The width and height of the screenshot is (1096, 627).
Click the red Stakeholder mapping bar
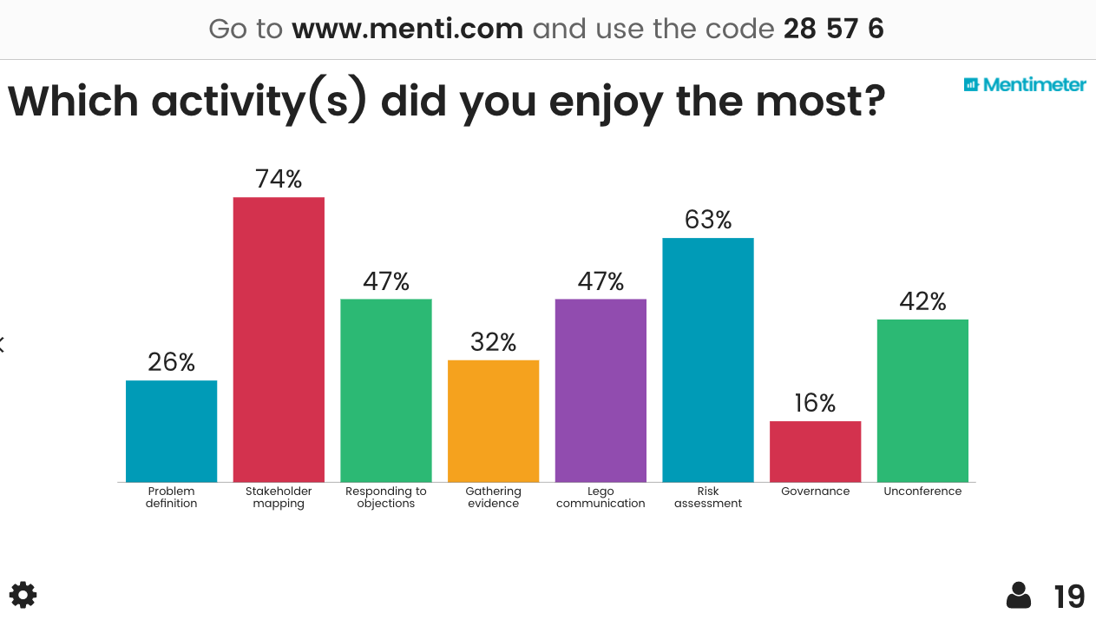(x=279, y=340)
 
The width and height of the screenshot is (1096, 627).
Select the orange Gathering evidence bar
(x=493, y=421)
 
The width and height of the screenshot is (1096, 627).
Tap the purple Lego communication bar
(x=601, y=391)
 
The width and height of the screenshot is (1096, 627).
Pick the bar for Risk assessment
(x=708, y=360)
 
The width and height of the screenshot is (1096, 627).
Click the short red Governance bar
(x=815, y=452)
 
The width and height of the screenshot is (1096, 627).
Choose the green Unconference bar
(x=922, y=400)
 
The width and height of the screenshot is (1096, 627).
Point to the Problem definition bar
(x=171, y=432)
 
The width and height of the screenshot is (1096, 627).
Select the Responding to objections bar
(x=386, y=391)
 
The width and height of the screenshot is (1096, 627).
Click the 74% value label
(x=279, y=179)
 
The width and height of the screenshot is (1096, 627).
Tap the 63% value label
(x=708, y=220)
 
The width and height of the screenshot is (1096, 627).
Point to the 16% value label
(x=815, y=403)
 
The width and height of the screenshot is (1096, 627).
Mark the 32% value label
(x=493, y=342)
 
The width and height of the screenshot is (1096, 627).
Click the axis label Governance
(x=815, y=492)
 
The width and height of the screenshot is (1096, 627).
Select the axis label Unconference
(x=922, y=492)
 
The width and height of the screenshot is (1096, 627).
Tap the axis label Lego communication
(x=601, y=498)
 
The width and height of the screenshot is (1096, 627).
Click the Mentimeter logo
(x=1025, y=84)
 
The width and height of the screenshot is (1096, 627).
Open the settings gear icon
(x=23, y=595)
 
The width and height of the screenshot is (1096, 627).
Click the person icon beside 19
(x=1019, y=596)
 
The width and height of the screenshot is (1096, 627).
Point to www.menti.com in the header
(x=407, y=29)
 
